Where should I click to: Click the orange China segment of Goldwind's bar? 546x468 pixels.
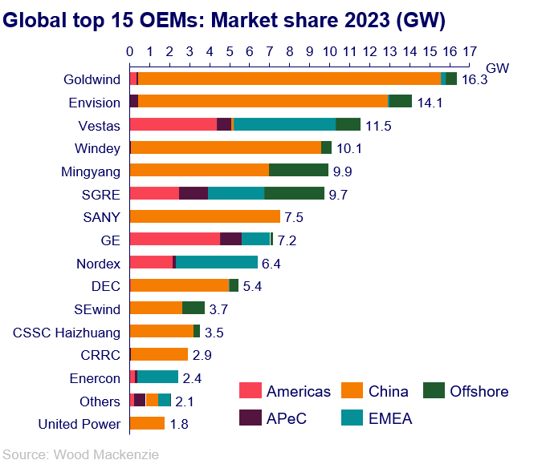(289, 79)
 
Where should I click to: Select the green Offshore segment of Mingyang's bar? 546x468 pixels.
(299, 170)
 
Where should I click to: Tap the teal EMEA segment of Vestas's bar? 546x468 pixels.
(284, 124)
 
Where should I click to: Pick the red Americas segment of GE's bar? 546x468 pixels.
(174, 239)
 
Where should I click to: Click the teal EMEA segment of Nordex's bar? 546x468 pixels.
(217, 262)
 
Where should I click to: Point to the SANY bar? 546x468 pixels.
(205, 216)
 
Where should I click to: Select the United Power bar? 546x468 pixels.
(147, 423)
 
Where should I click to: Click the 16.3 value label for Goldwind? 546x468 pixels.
(474, 80)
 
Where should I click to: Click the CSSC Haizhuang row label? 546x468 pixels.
(67, 332)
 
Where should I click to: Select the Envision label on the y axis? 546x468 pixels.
(94, 102)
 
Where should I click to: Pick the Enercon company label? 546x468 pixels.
(96, 377)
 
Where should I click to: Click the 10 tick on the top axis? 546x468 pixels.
(328, 52)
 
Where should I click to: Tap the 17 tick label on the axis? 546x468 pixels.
(470, 52)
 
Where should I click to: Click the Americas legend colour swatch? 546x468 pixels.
(250, 391)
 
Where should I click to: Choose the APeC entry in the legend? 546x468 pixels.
(286, 418)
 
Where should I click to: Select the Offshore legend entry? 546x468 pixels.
(479, 391)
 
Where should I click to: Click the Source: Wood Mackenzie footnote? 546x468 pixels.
(79, 454)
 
